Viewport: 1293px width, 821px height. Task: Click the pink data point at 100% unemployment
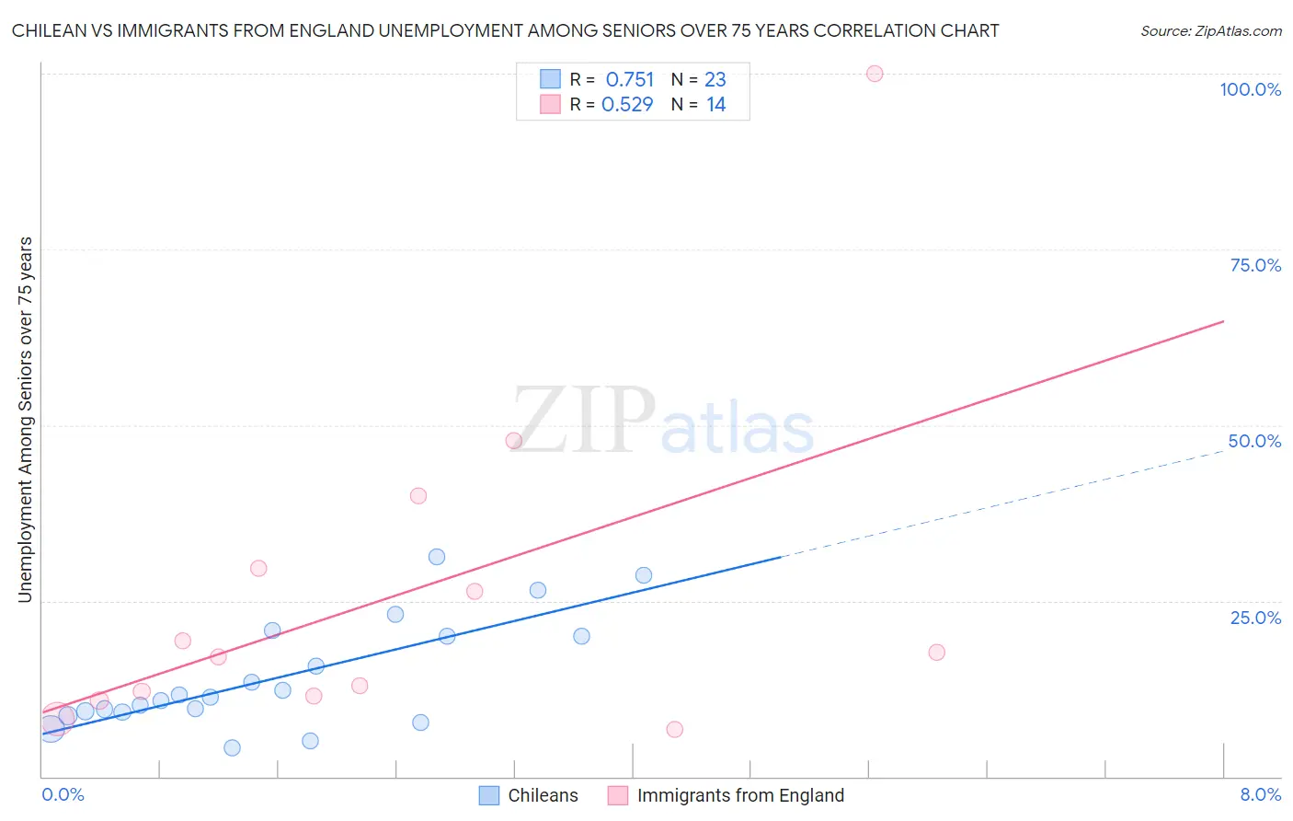[875, 74]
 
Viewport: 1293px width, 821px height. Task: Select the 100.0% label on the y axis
[1250, 89]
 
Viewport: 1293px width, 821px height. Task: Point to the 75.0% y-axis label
[1255, 265]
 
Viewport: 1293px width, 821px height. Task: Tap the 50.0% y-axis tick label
[1254, 441]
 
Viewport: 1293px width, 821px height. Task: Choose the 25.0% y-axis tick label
[1255, 618]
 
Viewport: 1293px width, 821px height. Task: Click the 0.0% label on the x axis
[63, 794]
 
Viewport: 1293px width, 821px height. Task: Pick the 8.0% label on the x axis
[1260, 794]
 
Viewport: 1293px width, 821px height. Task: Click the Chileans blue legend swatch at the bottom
[489, 795]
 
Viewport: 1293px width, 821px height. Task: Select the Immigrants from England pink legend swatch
[618, 795]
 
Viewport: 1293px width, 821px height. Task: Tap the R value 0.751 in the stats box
[630, 80]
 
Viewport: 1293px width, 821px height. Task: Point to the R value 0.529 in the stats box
[627, 105]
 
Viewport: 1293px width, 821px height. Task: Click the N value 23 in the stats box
[715, 80]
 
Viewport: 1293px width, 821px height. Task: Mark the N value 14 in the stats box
[716, 105]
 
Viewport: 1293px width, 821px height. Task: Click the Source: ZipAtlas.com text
[1211, 31]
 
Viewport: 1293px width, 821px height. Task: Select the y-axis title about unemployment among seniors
[25, 420]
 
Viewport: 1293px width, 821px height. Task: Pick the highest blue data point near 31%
[437, 557]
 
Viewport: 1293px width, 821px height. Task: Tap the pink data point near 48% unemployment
[514, 441]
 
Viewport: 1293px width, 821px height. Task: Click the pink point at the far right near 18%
[937, 653]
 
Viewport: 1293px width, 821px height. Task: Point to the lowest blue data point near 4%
[232, 748]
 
